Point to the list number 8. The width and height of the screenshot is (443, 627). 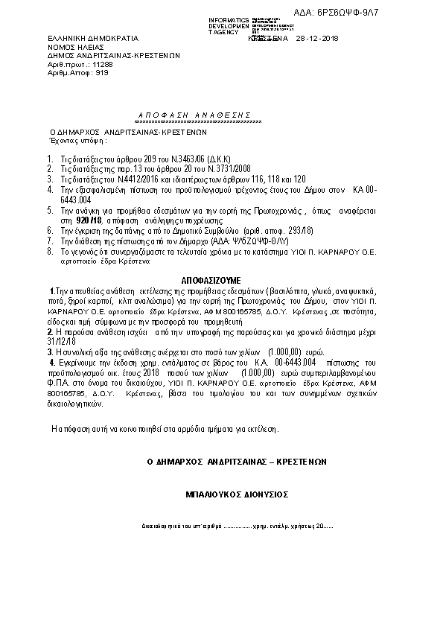click(x=50, y=252)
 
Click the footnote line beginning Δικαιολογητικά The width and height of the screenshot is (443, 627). click(x=238, y=526)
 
